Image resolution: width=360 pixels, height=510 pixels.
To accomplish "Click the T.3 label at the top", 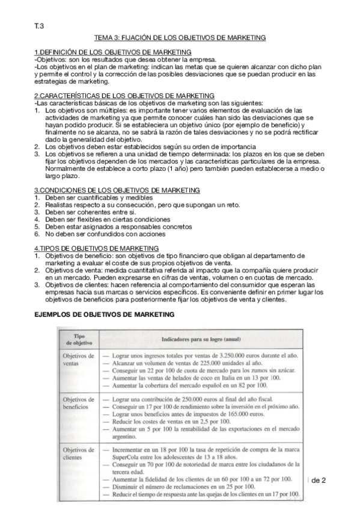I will coord(40,25).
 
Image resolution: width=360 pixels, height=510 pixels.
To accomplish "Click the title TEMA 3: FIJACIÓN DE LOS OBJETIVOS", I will coord(180,37).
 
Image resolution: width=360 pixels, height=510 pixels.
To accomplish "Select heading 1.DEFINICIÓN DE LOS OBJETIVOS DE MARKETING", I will coord(114,52).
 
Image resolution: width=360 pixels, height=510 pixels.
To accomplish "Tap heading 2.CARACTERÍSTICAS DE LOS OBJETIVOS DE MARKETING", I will coord(124,96).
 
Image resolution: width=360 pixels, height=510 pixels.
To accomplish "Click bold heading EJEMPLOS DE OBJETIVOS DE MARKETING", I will coord(104,314).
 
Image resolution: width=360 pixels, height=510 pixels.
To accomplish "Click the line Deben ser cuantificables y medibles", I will coord(99,197).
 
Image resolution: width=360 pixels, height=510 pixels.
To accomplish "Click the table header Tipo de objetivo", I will coord(79,338).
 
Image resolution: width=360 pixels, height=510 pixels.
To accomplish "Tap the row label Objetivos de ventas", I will coord(79,360).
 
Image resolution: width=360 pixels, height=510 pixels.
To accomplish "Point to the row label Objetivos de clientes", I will coord(79,453).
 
